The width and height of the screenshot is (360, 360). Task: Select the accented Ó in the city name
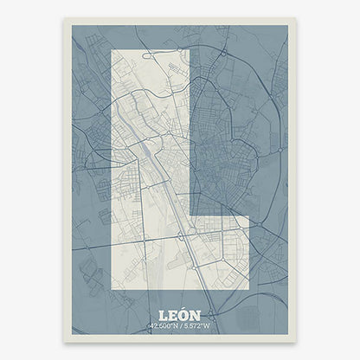point(184,315)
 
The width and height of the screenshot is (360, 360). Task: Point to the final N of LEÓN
point(196,315)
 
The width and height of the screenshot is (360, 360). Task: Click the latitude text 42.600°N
point(163,327)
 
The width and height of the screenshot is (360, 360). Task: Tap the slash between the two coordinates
point(180,327)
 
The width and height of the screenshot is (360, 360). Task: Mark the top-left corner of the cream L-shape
point(113,50)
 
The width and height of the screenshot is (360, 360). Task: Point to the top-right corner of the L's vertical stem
point(189,50)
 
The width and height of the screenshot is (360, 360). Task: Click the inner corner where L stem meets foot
point(189,217)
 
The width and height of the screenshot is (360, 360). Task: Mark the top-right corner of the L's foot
point(249,217)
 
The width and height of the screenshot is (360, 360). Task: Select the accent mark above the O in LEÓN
point(185,309)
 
